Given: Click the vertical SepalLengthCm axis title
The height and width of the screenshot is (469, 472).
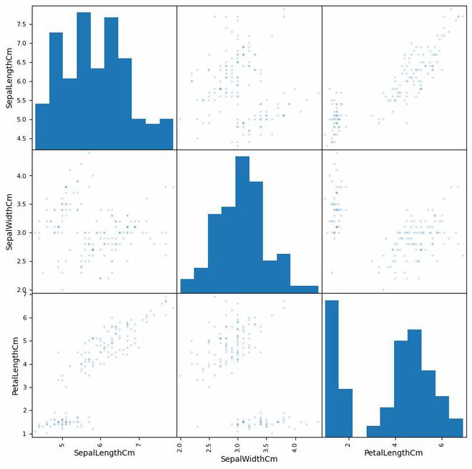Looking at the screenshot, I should [9, 76].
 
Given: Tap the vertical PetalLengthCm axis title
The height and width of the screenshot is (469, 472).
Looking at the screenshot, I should [14, 365].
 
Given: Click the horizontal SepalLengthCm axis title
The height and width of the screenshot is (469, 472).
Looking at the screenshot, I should [104, 454].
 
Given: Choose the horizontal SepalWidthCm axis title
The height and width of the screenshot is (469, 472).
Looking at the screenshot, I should [249, 459].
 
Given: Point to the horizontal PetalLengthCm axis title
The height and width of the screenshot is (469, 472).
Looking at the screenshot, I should [393, 454].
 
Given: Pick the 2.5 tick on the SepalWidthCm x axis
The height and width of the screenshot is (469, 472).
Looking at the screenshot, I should [209, 444].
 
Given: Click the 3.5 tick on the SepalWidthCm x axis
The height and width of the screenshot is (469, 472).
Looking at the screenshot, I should [266, 444].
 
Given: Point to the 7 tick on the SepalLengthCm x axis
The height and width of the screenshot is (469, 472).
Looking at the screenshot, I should [139, 444].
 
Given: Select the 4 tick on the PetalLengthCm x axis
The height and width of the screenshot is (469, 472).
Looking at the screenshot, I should [395, 444].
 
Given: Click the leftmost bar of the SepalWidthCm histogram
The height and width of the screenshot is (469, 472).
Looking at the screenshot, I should [187, 285].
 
